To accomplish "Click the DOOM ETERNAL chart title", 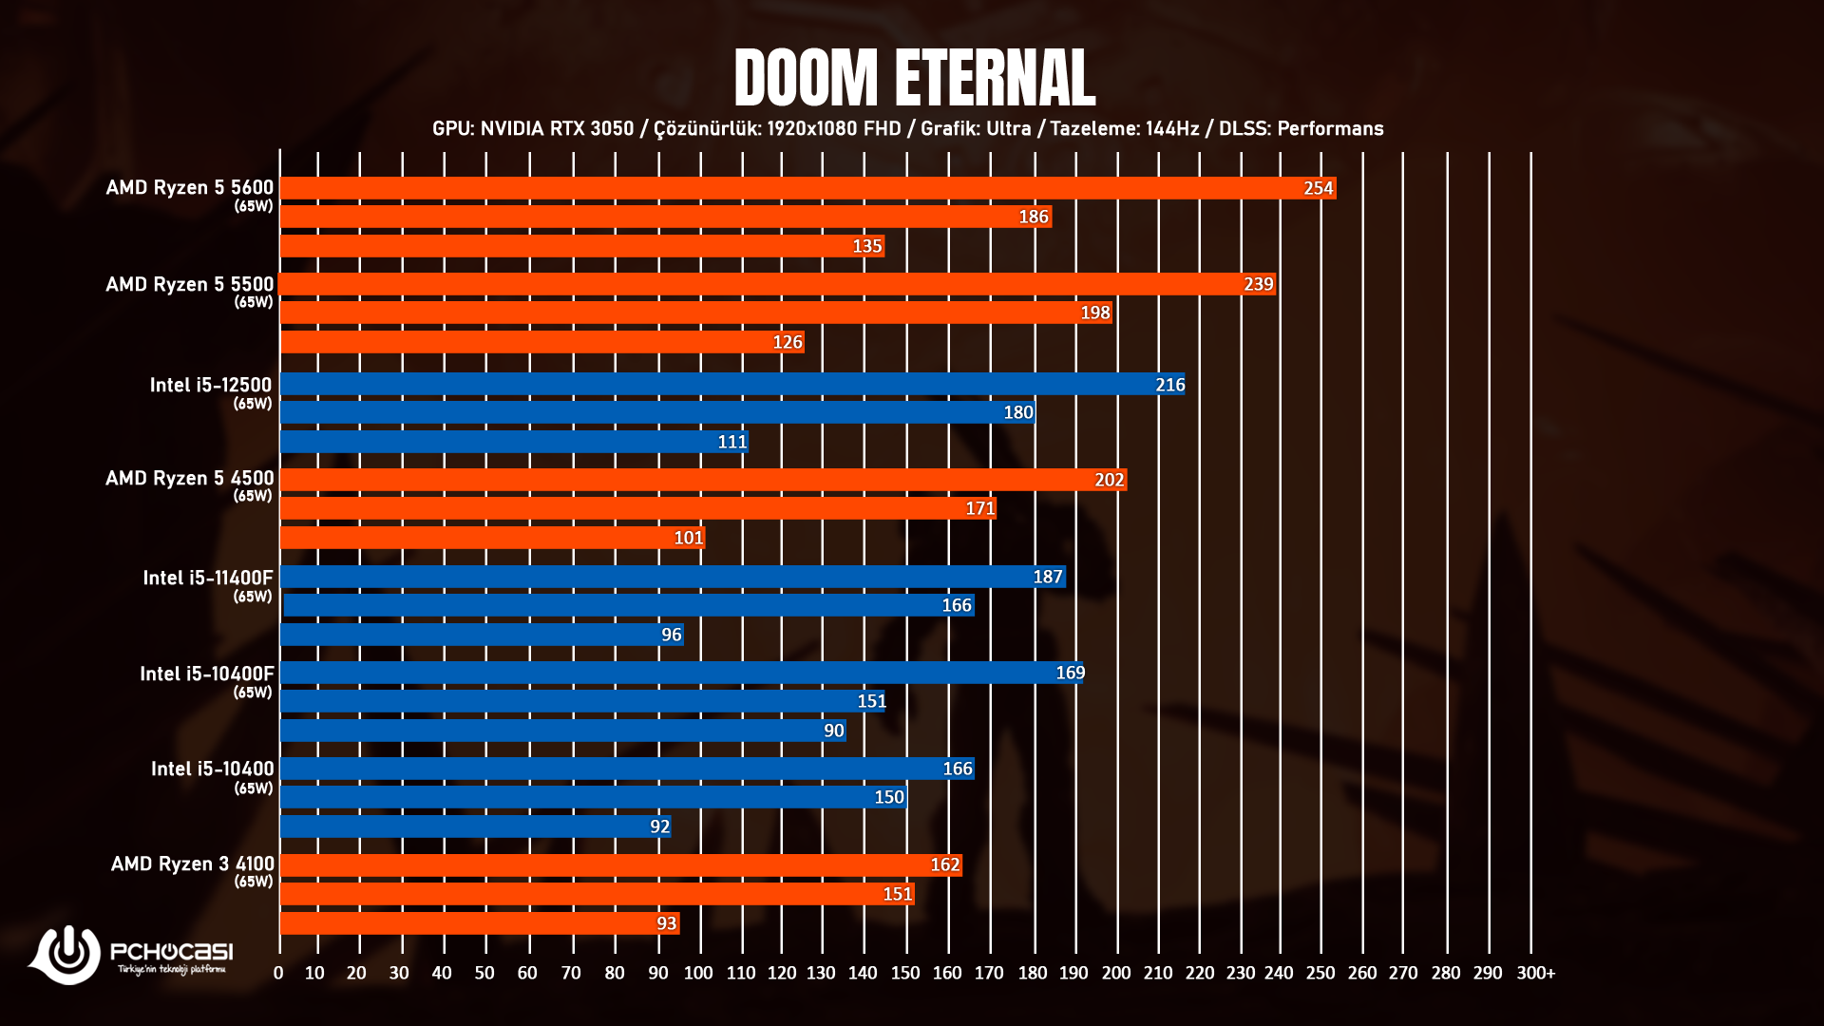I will [x=914, y=78].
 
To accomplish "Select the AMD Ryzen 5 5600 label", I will [x=189, y=188].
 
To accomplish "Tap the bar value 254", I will [x=1318, y=188].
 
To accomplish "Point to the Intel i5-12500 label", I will [x=210, y=385].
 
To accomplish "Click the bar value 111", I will [x=731, y=442].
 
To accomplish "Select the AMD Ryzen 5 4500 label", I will [x=189, y=478].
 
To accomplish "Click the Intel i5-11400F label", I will [x=207, y=578].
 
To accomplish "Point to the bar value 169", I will [x=1070, y=673].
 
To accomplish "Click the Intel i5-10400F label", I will [x=206, y=674].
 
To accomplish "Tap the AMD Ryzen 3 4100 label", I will [x=192, y=864].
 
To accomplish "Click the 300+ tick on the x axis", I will [x=1535, y=973].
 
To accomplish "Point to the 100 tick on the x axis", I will [x=698, y=973].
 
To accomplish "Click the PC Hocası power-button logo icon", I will [x=67, y=953].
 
